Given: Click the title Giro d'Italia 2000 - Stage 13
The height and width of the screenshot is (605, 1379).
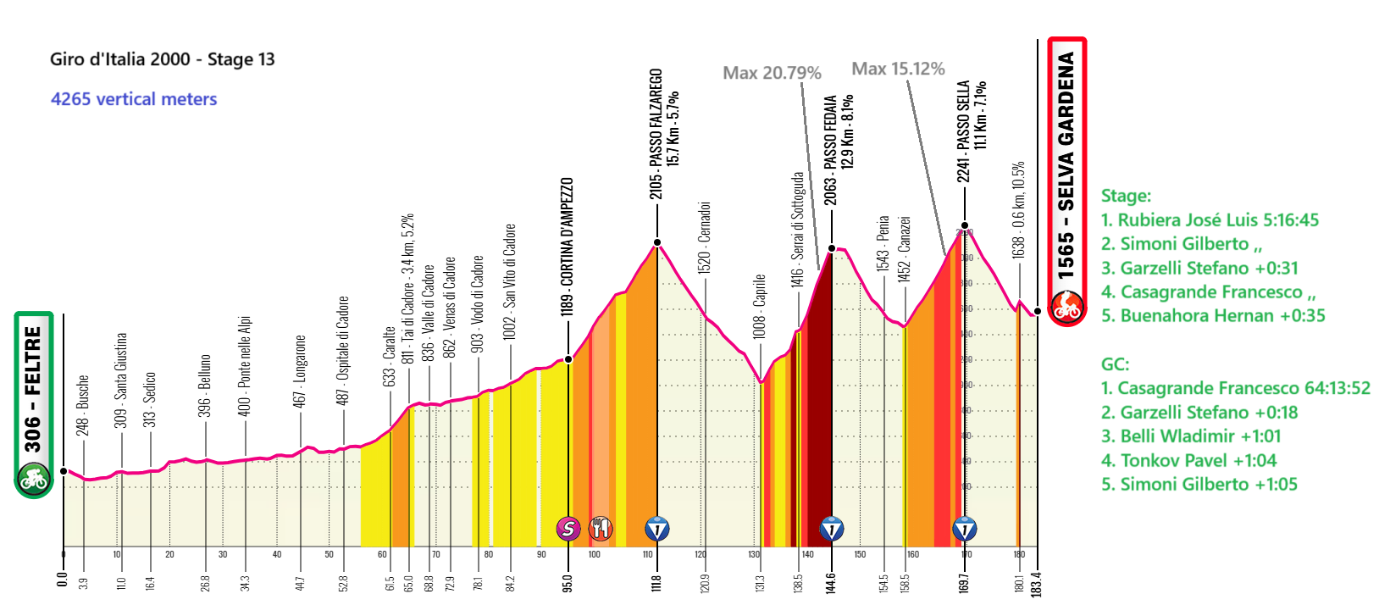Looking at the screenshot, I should (162, 59).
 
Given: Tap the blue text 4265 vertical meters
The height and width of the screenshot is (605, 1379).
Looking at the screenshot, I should (134, 99).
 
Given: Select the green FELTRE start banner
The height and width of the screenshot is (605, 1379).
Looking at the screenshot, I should (33, 404).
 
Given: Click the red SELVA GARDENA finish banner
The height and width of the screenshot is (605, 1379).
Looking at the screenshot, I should (1066, 181).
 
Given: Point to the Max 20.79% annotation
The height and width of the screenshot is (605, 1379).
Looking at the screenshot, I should (772, 73).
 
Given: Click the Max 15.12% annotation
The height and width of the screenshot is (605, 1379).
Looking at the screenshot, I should (898, 69).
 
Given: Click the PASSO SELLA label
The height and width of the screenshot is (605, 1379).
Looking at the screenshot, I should (963, 131).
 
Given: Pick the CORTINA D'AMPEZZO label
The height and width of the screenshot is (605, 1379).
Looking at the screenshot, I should (568, 247).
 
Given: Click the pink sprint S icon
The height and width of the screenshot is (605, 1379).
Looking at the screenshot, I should (568, 530).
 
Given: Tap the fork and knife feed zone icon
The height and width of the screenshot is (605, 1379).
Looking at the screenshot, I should (601, 530).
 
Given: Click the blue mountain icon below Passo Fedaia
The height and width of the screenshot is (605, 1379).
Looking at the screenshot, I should (832, 530).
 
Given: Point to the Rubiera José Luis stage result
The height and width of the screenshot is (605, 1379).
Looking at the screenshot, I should (1210, 220).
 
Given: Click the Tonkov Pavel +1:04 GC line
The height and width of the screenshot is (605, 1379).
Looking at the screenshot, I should (1188, 461).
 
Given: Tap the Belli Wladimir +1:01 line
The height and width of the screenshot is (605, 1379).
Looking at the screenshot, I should (1190, 436).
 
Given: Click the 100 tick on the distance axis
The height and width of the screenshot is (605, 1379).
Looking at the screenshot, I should (595, 554).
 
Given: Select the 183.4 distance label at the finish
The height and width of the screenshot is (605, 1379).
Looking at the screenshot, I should (1037, 584).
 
